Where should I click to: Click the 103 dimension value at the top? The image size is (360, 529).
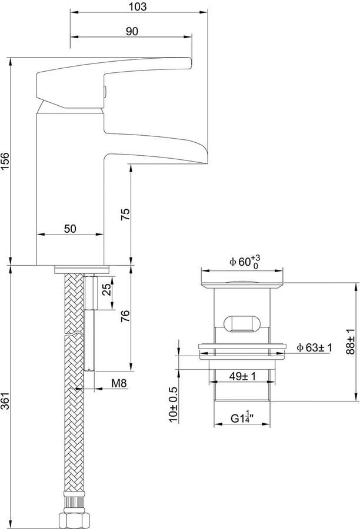click(x=138, y=6)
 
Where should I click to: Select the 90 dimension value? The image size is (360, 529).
click(x=132, y=31)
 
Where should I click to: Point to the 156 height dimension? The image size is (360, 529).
click(x=5, y=162)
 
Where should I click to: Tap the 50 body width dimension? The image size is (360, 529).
click(x=70, y=229)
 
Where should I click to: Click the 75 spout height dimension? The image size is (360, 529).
click(x=125, y=215)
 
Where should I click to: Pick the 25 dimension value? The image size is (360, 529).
click(x=106, y=289)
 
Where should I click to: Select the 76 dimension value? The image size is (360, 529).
click(x=125, y=316)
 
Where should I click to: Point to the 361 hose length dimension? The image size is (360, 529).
click(x=5, y=401)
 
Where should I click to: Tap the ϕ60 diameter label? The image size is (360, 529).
click(x=245, y=261)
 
